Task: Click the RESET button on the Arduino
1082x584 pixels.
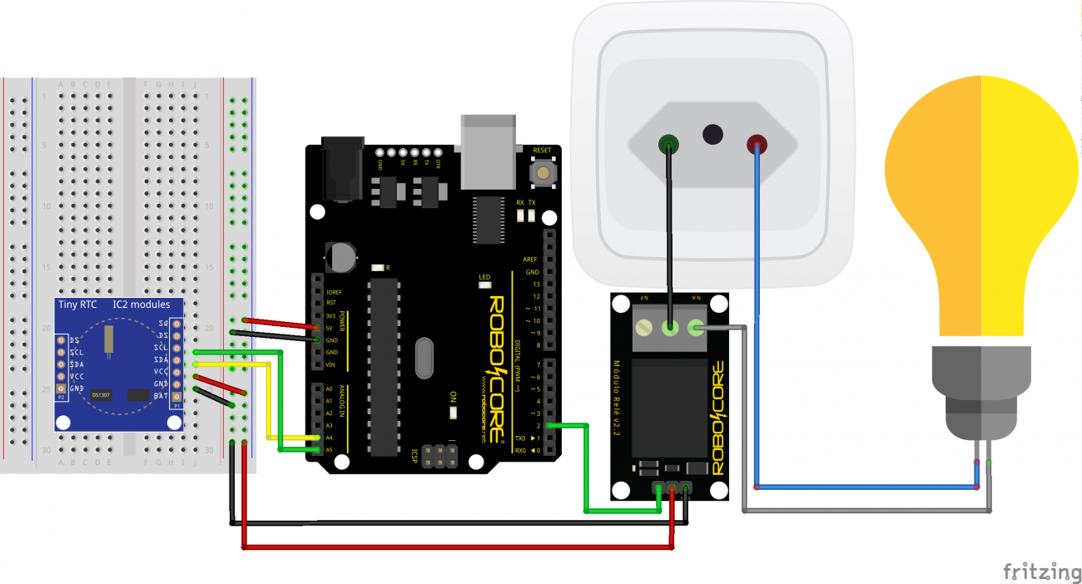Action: click(543, 172)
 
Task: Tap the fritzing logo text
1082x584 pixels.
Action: click(1041, 572)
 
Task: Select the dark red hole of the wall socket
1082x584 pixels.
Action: click(757, 145)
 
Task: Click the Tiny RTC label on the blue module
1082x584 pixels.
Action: click(77, 304)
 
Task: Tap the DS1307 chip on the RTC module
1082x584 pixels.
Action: click(101, 394)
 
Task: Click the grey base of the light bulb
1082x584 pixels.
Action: click(980, 391)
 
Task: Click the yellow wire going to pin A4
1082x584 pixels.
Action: click(269, 399)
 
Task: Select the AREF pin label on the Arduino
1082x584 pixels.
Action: click(530, 260)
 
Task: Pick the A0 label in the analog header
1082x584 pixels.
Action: click(329, 389)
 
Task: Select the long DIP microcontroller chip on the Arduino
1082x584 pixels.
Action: click(384, 367)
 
